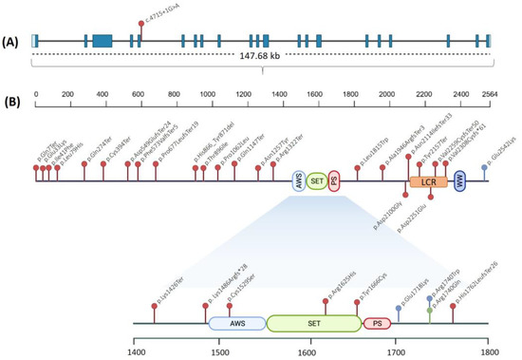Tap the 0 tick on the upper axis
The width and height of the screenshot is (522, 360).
pos(35,95)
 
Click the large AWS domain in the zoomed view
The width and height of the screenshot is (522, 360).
pos(237,324)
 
